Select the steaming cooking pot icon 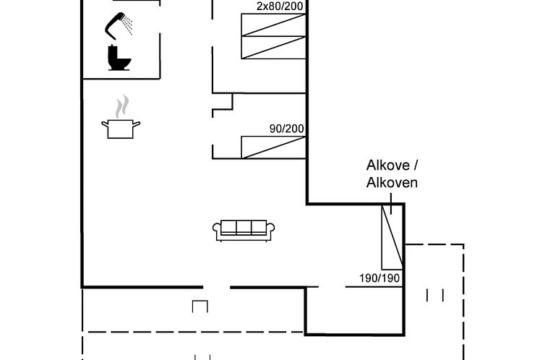pos(120,128)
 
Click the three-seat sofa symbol pos(244,230)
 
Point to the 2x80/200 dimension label pos(280,7)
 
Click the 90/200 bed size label pos(286,129)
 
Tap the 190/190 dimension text pos(379,278)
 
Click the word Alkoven pos(392,183)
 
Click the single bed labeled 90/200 pos(273,147)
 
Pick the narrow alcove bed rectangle pos(392,237)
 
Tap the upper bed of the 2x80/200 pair pos(273,24)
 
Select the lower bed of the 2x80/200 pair pos(273,46)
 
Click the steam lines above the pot pos(122,106)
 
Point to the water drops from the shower pos(128,25)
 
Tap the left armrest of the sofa pos(217,231)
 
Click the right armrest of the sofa pos(270,231)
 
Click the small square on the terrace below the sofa pos(200,307)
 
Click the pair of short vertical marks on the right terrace pos(435,295)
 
